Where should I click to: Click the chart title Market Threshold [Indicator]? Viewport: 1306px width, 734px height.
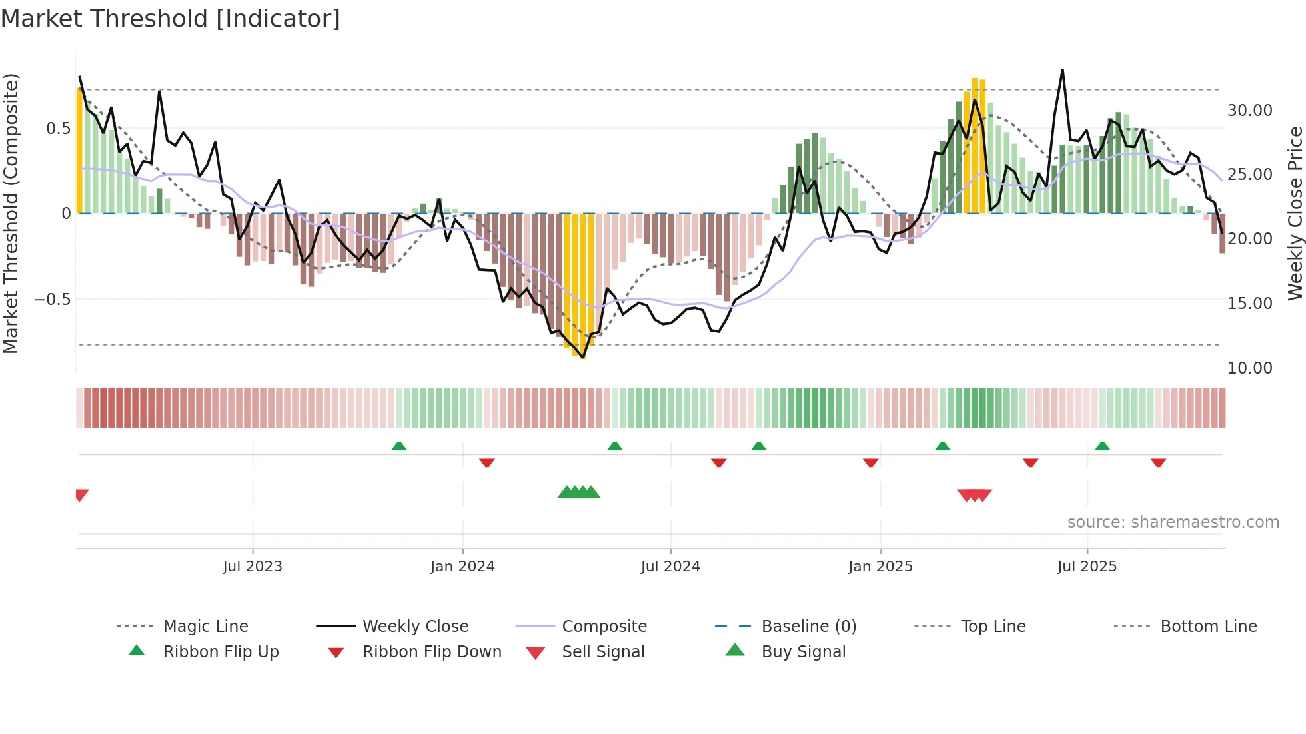[x=171, y=19]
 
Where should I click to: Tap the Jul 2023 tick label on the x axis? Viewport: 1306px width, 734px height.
[x=253, y=567]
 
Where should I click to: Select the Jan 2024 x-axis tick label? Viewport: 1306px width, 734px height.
[x=462, y=567]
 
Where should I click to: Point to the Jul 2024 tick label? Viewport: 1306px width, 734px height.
[x=670, y=567]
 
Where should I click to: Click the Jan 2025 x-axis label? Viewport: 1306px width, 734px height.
[x=880, y=567]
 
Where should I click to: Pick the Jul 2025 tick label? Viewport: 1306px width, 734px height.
[x=1087, y=567]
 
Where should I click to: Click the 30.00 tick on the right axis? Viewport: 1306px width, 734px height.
[x=1249, y=111]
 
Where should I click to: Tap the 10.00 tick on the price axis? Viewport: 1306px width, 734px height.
[x=1249, y=368]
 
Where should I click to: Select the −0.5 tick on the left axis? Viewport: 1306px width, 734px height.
[x=52, y=300]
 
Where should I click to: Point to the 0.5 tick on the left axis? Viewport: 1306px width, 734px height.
[x=58, y=129]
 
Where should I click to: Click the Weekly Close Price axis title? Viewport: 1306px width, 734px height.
[x=1295, y=213]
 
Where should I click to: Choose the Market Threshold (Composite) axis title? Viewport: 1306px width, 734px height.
[x=11, y=213]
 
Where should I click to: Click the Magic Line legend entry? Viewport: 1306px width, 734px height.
[x=205, y=627]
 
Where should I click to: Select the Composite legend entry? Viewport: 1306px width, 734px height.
[x=604, y=627]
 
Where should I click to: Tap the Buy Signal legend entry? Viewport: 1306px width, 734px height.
[x=803, y=652]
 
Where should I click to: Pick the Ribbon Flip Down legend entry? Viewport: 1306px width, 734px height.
[x=431, y=652]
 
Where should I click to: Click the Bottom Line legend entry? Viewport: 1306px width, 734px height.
[x=1208, y=627]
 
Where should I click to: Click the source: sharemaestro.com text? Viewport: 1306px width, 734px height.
[x=1173, y=522]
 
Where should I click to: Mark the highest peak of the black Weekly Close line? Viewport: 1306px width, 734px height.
[x=1062, y=70]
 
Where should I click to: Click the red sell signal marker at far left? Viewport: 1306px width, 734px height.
[x=81, y=494]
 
